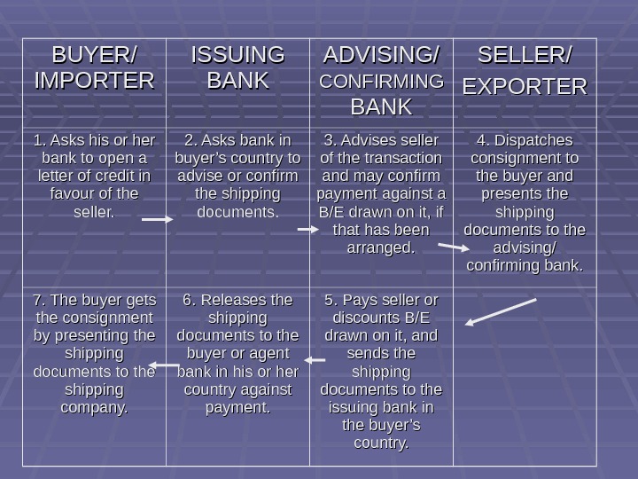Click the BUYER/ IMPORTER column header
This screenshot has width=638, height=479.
point(94,68)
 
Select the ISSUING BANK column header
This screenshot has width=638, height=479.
point(237,68)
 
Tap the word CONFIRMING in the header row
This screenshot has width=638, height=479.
point(381,82)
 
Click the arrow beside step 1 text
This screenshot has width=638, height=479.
point(157,218)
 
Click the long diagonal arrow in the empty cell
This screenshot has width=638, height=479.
point(501,311)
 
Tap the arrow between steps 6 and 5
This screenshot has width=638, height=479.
point(315,360)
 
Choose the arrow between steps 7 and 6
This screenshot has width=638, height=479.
point(165,365)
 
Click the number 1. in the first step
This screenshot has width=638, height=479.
point(39,141)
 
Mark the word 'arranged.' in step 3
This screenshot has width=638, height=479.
point(381,248)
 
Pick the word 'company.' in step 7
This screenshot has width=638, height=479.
point(94,408)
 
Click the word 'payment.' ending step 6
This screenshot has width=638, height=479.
point(237,408)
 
